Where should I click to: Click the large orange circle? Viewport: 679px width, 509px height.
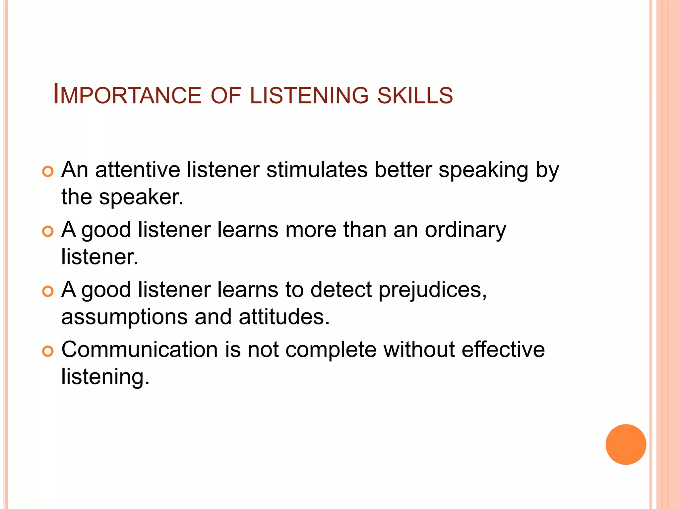point(626,444)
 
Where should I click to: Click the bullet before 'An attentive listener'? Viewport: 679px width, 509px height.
point(48,172)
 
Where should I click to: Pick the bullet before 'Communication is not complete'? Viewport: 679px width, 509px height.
point(48,351)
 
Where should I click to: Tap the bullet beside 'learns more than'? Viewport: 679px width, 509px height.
point(48,232)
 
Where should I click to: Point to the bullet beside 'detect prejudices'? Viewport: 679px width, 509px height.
point(48,291)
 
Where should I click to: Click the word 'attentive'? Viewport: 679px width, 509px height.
point(138,170)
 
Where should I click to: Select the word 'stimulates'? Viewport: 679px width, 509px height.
point(317,170)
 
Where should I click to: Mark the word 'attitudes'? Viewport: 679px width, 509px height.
point(284,316)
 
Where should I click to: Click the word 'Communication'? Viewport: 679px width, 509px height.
point(140,350)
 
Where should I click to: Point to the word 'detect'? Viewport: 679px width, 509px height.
point(341,289)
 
